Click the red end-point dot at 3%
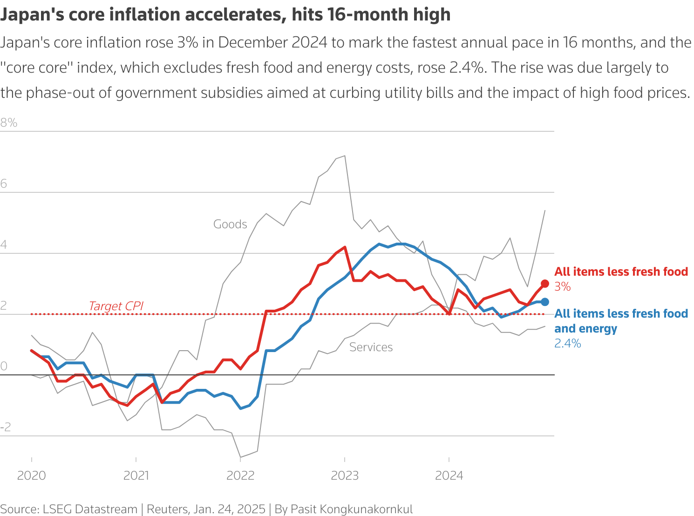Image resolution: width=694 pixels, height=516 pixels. [x=544, y=284]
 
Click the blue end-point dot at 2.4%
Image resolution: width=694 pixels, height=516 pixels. [x=544, y=302]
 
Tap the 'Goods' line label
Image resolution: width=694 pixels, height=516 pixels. [x=230, y=224]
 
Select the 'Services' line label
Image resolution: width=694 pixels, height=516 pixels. [x=371, y=347]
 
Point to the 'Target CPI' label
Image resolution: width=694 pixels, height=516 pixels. [x=116, y=306]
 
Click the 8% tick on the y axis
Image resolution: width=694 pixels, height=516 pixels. [x=9, y=122]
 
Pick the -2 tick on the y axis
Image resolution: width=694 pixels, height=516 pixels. [x=6, y=427]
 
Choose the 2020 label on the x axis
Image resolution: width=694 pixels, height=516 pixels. [x=31, y=475]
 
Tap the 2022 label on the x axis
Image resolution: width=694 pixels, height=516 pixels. [x=240, y=475]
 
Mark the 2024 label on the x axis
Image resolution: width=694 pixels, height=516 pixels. [x=449, y=475]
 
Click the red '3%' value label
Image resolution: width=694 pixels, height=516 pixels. [x=563, y=287]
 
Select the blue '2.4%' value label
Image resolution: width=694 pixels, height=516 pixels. [x=567, y=344]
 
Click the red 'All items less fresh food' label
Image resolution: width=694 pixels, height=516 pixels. [x=621, y=272]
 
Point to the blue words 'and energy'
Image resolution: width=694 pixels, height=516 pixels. [x=585, y=328]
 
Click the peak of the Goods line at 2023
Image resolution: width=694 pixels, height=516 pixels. [x=344, y=156]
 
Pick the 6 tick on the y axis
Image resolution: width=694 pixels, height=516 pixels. [x=4, y=183]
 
